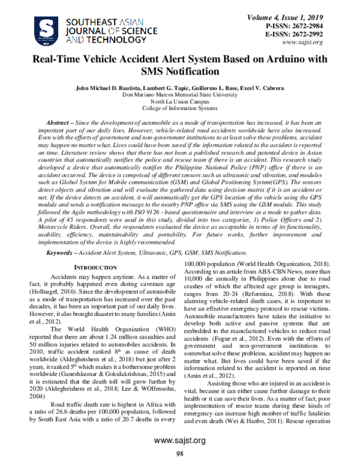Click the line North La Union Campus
[x=179, y=102]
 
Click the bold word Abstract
[x=60, y=122]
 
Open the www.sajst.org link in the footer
[x=179, y=441]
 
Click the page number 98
[x=179, y=454]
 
